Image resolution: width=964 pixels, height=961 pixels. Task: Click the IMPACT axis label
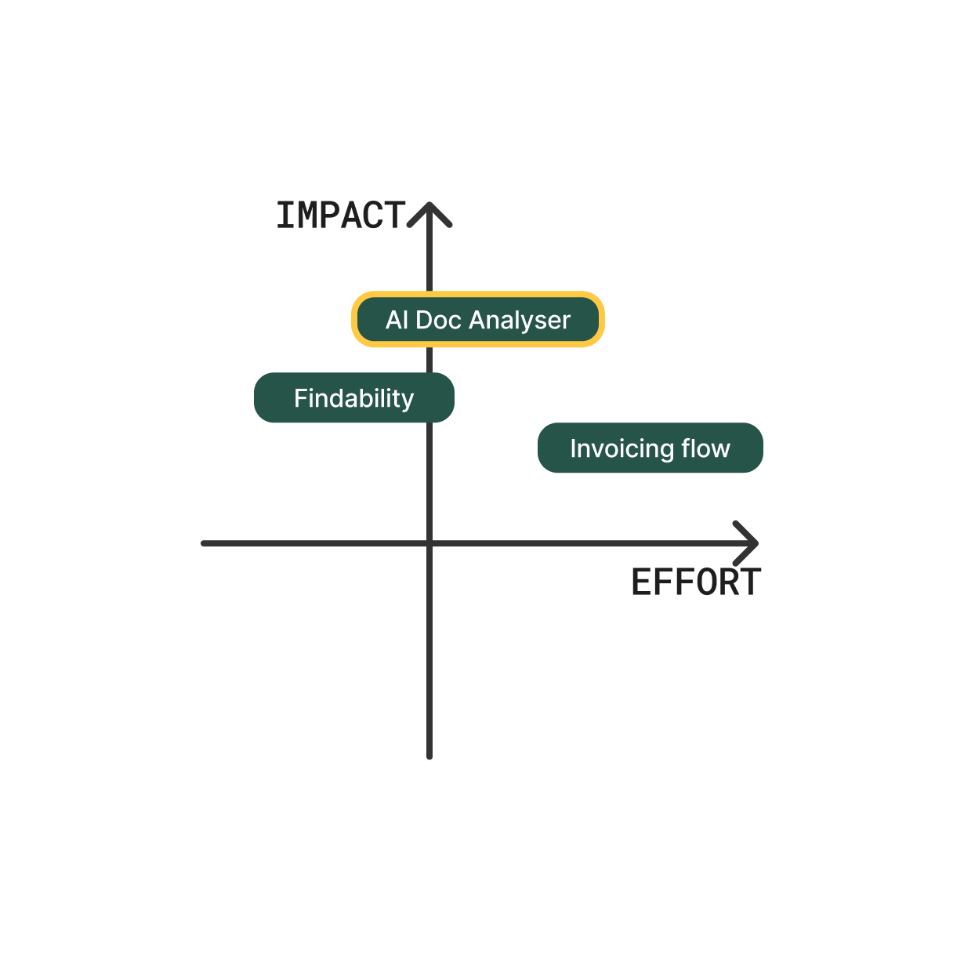pyautogui.click(x=341, y=216)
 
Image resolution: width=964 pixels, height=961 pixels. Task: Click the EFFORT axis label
pyautogui.click(x=696, y=583)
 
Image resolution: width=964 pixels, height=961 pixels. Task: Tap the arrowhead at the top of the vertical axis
pyautogui.click(x=429, y=212)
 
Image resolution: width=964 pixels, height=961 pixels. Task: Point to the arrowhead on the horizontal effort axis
pyautogui.click(x=749, y=542)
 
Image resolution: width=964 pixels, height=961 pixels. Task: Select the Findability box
pyautogui.click(x=354, y=398)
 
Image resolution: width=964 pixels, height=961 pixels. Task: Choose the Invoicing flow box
pyautogui.click(x=650, y=448)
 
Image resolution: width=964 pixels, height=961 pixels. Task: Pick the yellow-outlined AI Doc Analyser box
pyautogui.click(x=478, y=320)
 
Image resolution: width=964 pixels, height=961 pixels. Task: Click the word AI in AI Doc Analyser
pyautogui.click(x=397, y=320)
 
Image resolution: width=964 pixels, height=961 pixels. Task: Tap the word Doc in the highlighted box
pyautogui.click(x=438, y=320)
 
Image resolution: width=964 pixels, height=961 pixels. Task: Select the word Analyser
pyautogui.click(x=520, y=321)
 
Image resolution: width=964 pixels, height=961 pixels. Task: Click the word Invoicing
pyautogui.click(x=622, y=449)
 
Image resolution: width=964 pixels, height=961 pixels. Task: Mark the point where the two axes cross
pyautogui.click(x=429, y=542)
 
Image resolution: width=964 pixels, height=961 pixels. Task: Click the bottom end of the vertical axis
pyautogui.click(x=429, y=756)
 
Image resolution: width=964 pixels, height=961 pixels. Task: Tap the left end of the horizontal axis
pyautogui.click(x=205, y=542)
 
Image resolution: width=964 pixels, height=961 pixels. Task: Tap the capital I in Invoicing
pyautogui.click(x=573, y=448)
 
